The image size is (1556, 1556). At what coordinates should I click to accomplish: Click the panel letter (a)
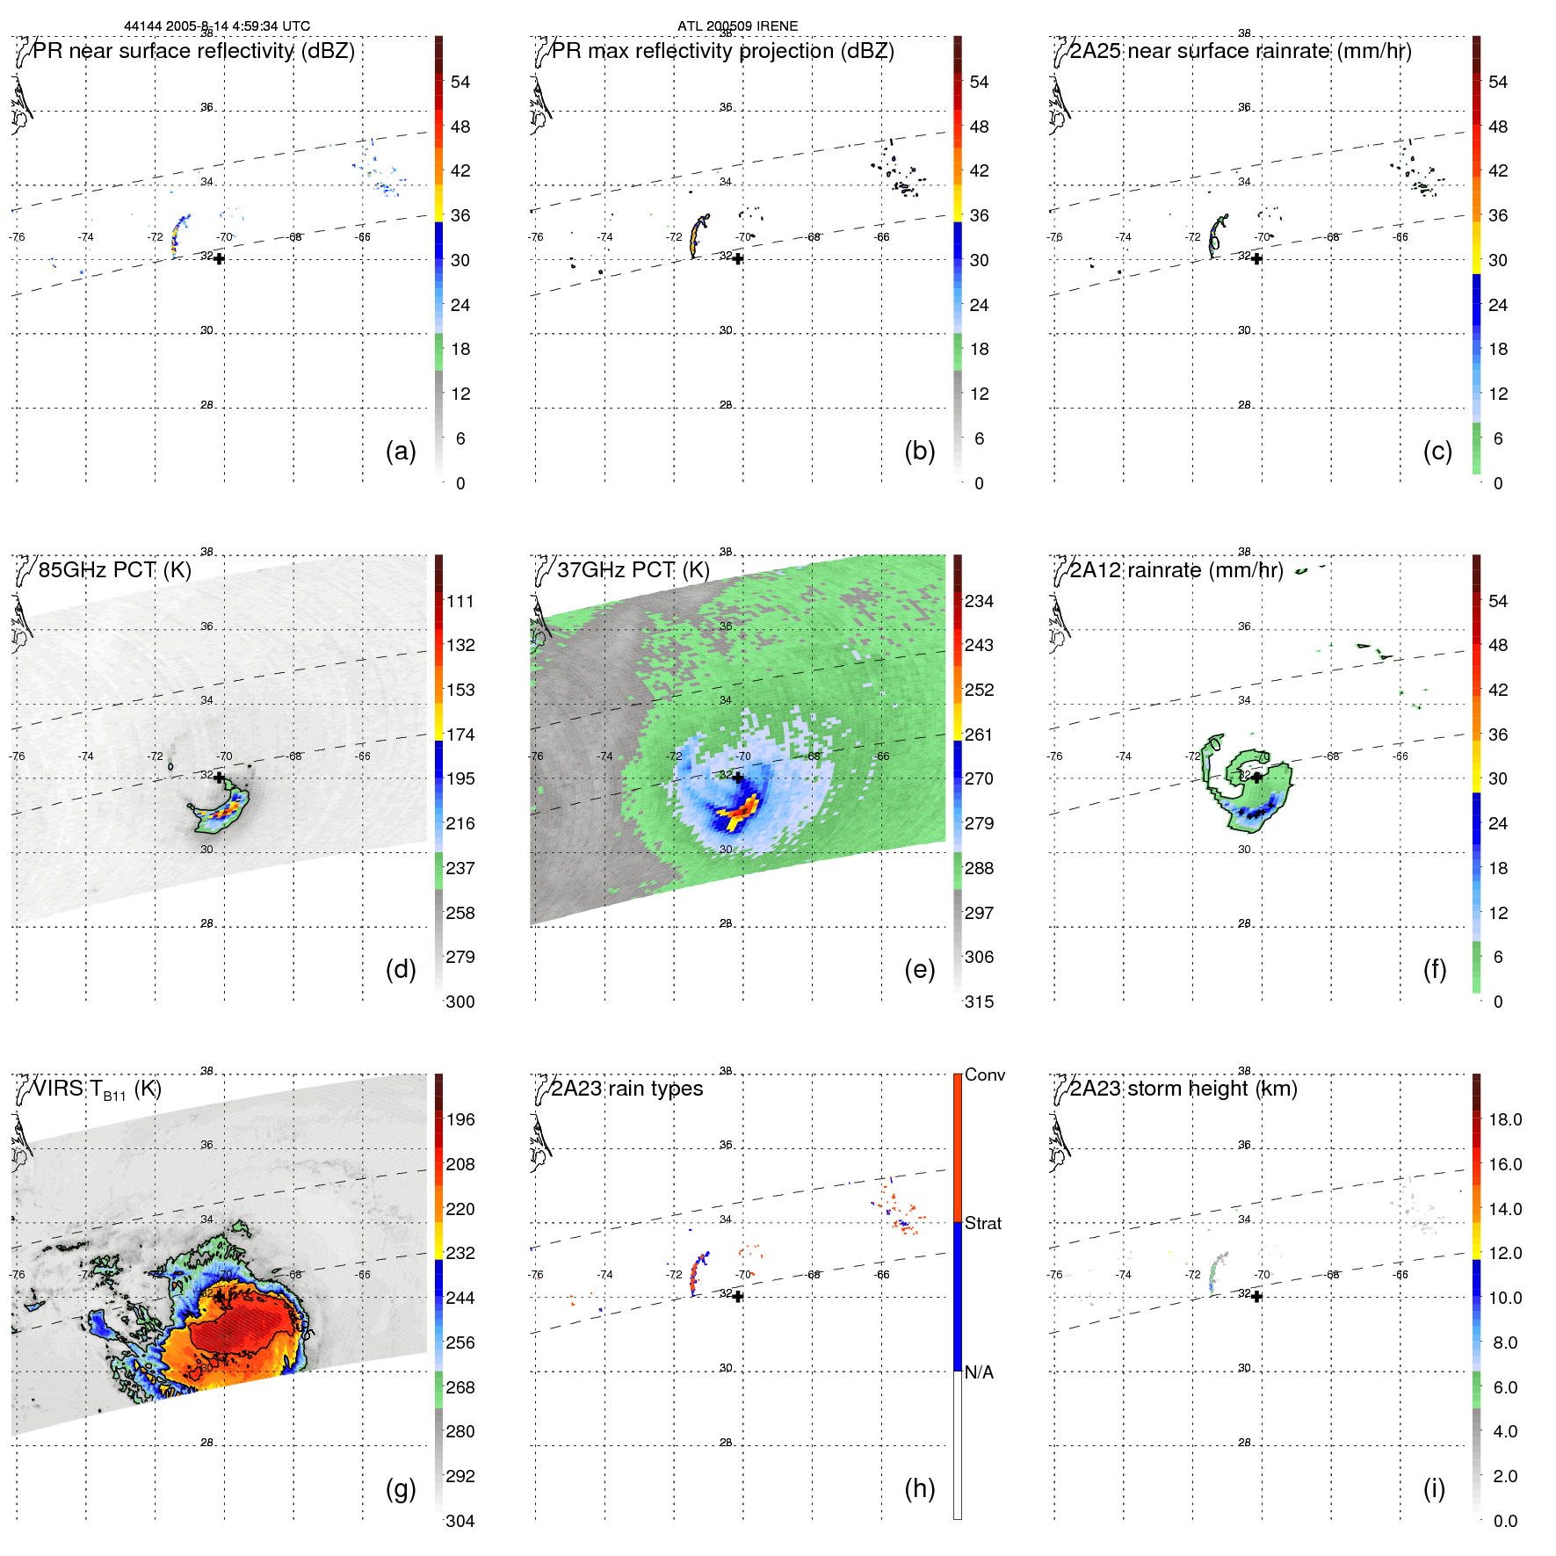coord(401,452)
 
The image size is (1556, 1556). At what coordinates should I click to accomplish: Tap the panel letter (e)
coord(919,970)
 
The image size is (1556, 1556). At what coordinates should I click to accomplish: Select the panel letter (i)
coord(1434,1489)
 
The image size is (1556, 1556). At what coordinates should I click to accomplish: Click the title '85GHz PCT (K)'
coord(114,570)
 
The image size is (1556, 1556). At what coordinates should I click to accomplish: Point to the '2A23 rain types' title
coord(626,1089)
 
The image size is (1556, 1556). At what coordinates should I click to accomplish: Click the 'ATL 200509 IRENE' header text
coord(737,26)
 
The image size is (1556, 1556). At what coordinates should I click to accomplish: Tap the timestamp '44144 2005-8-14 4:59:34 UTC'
coord(217,26)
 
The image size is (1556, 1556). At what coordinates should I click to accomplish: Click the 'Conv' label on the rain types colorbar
coord(985,1075)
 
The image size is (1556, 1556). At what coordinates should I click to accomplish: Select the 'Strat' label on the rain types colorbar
coord(983,1224)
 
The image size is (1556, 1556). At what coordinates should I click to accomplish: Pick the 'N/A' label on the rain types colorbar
coord(980,1372)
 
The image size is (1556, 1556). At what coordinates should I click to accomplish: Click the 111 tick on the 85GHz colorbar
coord(460,602)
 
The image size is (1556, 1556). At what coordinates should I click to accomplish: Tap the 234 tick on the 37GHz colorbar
coord(979,602)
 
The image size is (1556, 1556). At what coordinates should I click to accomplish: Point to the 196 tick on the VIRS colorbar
coord(460,1120)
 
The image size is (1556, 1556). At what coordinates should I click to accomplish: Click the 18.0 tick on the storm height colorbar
coord(1505,1120)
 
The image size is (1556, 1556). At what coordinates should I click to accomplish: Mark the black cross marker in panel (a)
coord(219,258)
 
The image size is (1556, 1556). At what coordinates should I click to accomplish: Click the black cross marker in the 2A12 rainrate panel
coord(1257,777)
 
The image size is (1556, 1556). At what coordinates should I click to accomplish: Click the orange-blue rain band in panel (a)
coord(178,235)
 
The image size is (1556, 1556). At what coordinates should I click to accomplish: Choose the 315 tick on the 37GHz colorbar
coord(979,1002)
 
